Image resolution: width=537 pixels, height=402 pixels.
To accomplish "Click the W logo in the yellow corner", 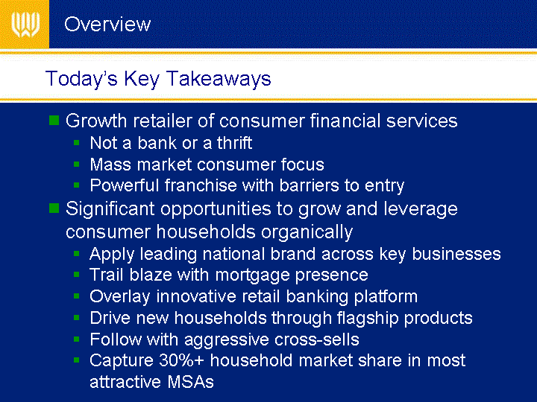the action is (x=25, y=25).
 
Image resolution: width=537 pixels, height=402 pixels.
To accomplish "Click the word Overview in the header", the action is (x=107, y=25).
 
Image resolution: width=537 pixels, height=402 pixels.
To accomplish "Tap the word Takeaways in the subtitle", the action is (x=219, y=79).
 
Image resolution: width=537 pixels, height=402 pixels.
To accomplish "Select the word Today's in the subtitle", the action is (x=81, y=79).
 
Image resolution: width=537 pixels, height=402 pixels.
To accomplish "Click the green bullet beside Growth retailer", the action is (x=54, y=121).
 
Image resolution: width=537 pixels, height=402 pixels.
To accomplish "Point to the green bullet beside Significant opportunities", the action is (x=54, y=208).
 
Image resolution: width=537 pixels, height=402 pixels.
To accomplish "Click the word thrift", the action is (x=235, y=143).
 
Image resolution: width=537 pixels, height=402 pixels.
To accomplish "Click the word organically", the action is (x=307, y=232).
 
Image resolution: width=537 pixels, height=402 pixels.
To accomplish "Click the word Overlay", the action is (x=120, y=297).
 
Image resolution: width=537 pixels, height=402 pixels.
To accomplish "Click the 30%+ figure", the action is (x=181, y=360).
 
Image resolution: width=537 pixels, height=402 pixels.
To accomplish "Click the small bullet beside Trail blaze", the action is (x=76, y=275).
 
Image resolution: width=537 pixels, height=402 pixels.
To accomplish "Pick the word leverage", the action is (x=421, y=209).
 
